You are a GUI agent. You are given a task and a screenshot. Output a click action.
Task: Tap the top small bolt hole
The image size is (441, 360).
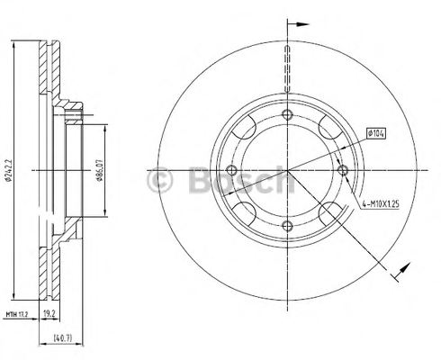tap(287, 114)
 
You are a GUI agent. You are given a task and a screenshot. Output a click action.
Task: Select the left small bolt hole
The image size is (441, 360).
tap(231, 170)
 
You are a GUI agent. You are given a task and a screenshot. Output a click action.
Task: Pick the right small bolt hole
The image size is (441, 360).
tap(344, 170)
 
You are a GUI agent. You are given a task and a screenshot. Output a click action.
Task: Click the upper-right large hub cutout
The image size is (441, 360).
tap(329, 128)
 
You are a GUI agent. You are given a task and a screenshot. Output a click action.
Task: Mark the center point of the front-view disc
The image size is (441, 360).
tap(287, 170)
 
